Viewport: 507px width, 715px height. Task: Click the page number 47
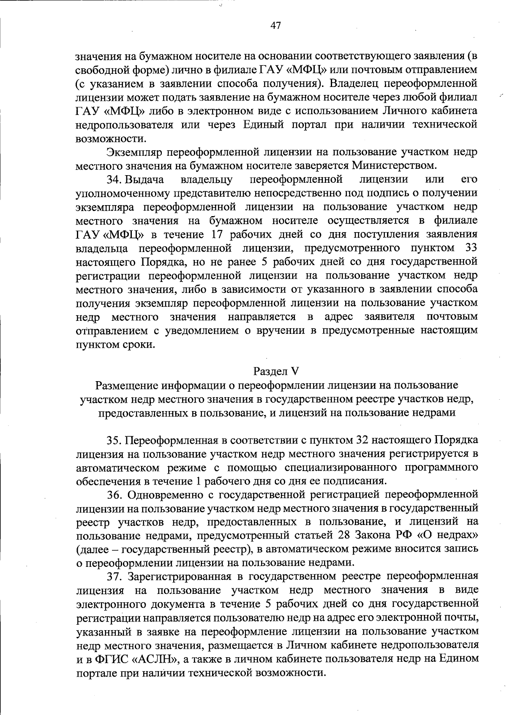click(x=275, y=26)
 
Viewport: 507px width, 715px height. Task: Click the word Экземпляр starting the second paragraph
click(x=134, y=152)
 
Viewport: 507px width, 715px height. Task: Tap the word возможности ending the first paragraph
click(x=111, y=138)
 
